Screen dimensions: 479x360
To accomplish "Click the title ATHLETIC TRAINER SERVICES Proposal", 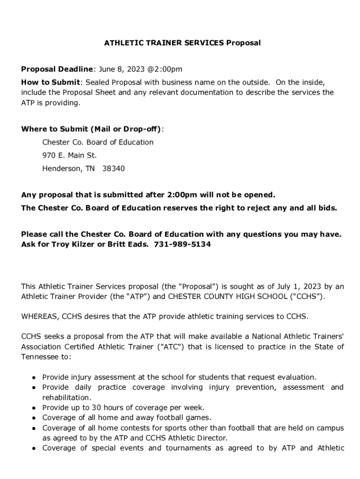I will coord(182,43).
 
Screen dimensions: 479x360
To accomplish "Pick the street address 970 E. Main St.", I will coord(69,155).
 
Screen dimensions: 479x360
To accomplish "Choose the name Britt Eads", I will coord(127,244).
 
